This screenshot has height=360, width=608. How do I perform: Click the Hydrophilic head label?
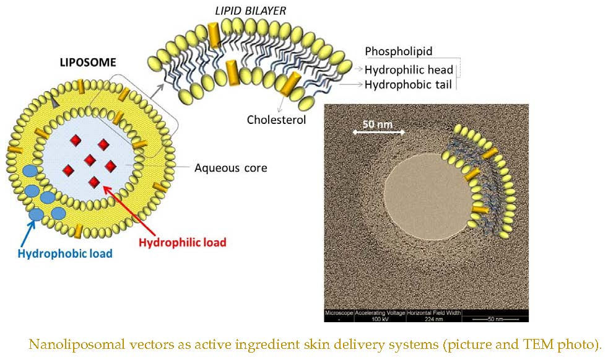[409, 69]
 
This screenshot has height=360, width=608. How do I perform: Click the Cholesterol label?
[277, 120]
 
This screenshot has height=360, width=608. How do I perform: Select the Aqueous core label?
[230, 168]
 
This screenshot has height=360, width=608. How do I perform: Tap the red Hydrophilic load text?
[183, 243]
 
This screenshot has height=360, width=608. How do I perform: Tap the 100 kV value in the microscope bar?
[380, 318]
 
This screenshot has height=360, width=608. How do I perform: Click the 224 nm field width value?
[434, 318]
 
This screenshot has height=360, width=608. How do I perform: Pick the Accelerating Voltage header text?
[380, 312]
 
